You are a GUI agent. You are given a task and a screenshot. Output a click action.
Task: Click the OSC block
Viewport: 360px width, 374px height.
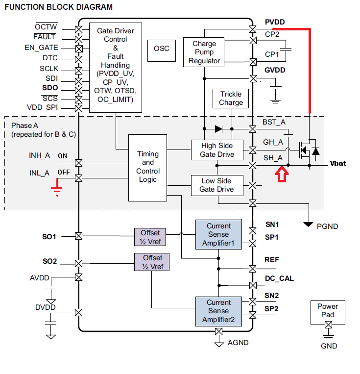click(162, 49)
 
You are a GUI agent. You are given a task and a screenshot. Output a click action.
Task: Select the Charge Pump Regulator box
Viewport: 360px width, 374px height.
click(204, 52)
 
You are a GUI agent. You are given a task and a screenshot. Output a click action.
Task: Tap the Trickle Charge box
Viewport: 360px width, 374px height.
click(231, 98)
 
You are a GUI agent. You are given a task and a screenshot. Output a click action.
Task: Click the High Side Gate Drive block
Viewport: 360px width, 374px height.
click(217, 150)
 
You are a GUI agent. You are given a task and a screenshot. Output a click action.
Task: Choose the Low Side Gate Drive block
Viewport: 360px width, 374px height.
click(217, 185)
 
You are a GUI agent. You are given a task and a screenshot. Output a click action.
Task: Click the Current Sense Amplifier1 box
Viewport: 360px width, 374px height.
click(218, 234)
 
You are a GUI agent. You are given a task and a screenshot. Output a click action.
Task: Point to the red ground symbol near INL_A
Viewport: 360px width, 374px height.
click(58, 188)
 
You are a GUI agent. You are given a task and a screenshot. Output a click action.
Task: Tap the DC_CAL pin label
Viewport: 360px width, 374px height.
click(279, 278)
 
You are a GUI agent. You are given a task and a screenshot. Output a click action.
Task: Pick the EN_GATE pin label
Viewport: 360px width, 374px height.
click(41, 48)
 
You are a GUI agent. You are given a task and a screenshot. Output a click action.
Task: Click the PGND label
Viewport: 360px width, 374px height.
click(328, 226)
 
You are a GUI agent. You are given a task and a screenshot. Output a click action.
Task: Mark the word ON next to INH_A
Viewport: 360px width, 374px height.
click(63, 156)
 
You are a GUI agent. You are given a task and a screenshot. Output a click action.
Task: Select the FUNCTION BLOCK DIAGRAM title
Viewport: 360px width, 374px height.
click(58, 7)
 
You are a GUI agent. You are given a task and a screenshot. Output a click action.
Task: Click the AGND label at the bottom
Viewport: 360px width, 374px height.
click(238, 343)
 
